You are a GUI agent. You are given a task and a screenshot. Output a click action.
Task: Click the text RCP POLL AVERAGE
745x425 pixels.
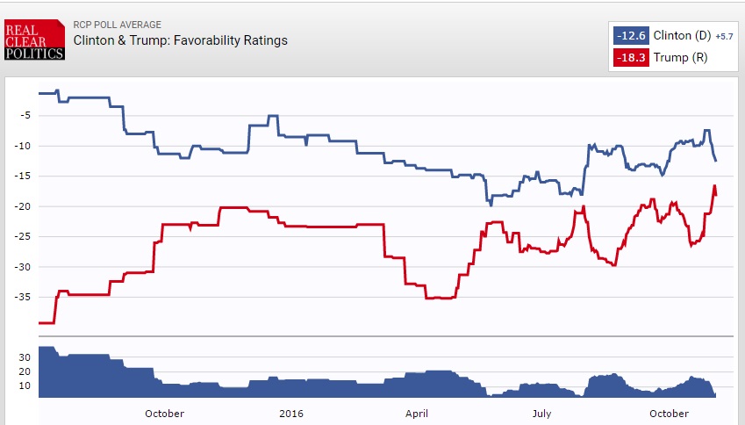pyautogui.click(x=118, y=25)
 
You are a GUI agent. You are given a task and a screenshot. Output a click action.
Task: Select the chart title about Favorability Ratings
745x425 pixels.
pyautogui.click(x=180, y=40)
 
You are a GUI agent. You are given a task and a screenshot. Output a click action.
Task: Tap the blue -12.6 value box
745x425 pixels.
pyautogui.click(x=631, y=36)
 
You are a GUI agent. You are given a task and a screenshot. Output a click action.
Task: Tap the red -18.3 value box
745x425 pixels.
pyautogui.click(x=631, y=58)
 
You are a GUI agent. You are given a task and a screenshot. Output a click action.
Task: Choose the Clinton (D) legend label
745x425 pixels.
pyautogui.click(x=683, y=36)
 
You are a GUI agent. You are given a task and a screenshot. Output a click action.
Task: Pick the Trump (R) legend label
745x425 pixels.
pyautogui.click(x=680, y=58)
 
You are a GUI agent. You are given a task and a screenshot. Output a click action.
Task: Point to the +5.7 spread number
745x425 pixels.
pyautogui.click(x=724, y=37)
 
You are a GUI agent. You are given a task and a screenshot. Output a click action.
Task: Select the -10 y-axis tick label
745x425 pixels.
pyautogui.click(x=24, y=146)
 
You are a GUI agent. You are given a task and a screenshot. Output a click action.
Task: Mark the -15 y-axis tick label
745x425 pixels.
pyautogui.click(x=24, y=176)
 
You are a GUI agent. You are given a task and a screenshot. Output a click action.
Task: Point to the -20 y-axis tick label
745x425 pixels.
pyautogui.click(x=24, y=206)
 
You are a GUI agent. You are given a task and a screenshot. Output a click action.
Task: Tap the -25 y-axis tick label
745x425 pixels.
pyautogui.click(x=24, y=237)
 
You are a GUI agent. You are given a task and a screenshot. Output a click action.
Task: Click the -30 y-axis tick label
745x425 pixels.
pyautogui.click(x=24, y=267)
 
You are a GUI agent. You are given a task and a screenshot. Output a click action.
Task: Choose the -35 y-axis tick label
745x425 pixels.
pyautogui.click(x=24, y=298)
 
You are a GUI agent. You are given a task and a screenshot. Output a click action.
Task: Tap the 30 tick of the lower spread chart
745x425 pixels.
pyautogui.click(x=25, y=357)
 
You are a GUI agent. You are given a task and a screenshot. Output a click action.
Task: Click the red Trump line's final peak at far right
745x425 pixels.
pyautogui.click(x=714, y=186)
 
